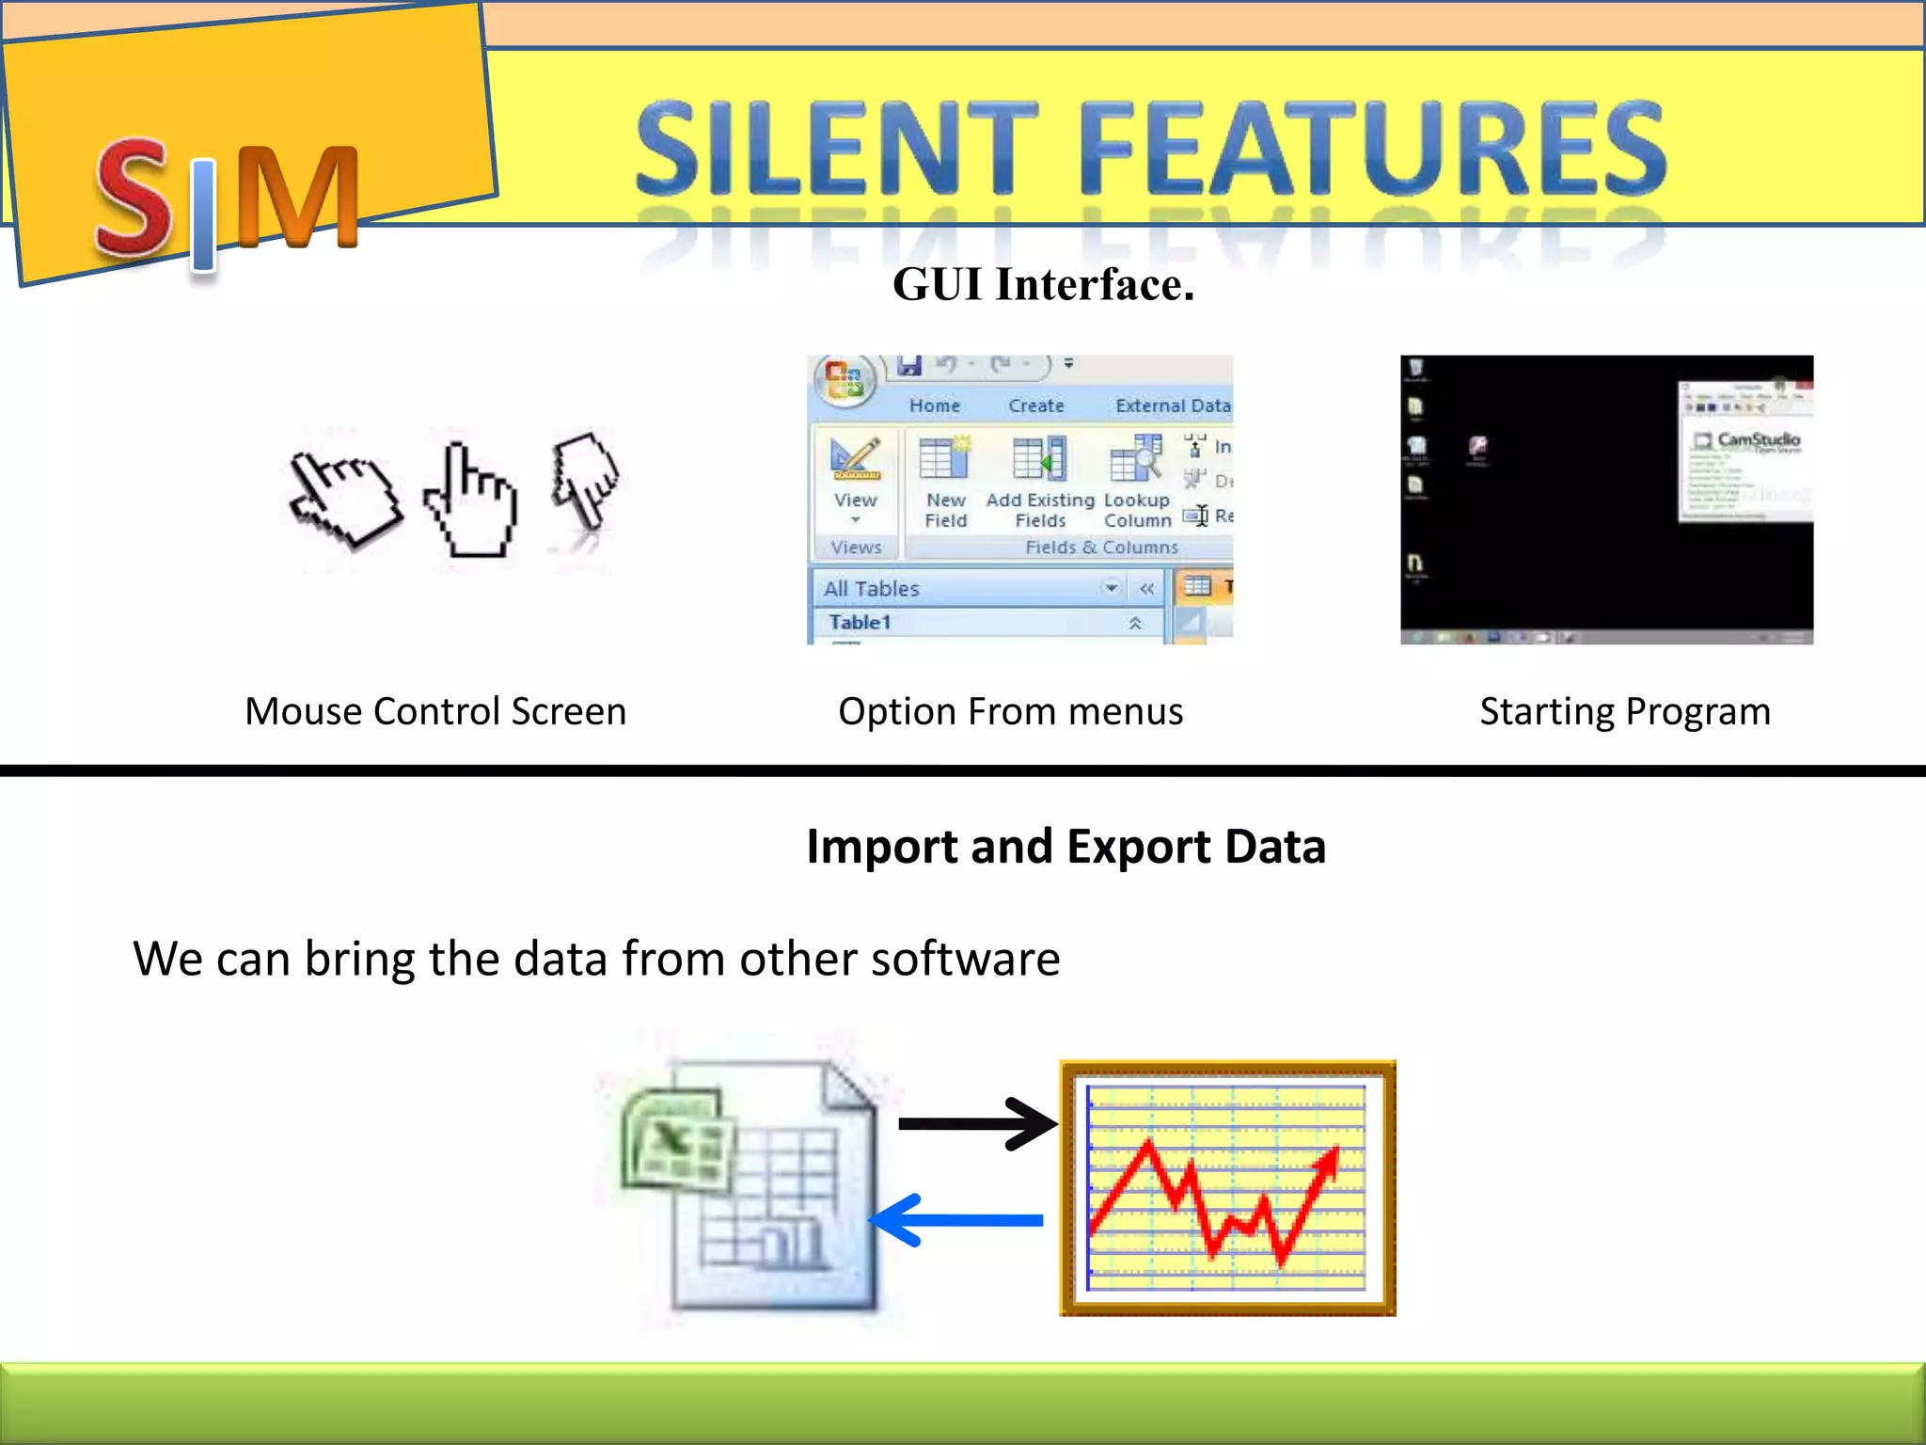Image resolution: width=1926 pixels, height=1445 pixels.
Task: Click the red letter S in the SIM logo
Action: (134, 198)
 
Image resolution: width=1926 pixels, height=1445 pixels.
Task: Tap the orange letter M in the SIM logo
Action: (297, 198)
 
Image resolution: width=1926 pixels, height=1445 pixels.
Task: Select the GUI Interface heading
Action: (1043, 284)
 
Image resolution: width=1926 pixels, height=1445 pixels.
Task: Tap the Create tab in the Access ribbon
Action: (1035, 405)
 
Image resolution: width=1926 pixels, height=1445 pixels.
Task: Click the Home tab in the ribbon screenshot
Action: (934, 405)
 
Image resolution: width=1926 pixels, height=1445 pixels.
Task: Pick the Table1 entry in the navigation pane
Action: (860, 622)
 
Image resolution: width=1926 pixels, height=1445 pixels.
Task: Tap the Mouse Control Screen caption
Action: (435, 711)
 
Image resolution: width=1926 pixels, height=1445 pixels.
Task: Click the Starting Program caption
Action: (1624, 711)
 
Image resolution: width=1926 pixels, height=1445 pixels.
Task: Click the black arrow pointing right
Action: (978, 1123)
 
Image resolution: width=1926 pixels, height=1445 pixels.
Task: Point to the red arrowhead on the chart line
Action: (1328, 1163)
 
